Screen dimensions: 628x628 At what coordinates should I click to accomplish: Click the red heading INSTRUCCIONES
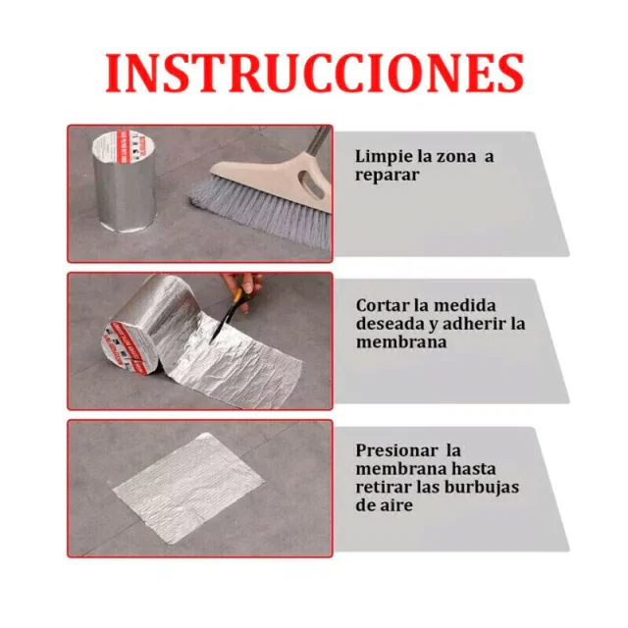(314, 73)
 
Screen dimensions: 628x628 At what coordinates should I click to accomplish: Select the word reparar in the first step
(387, 176)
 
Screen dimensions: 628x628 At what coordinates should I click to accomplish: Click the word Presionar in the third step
(396, 451)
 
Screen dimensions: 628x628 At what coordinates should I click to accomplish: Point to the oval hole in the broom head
(313, 185)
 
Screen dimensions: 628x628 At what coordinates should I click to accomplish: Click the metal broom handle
(317, 141)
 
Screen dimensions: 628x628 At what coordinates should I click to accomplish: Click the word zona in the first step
(456, 157)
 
